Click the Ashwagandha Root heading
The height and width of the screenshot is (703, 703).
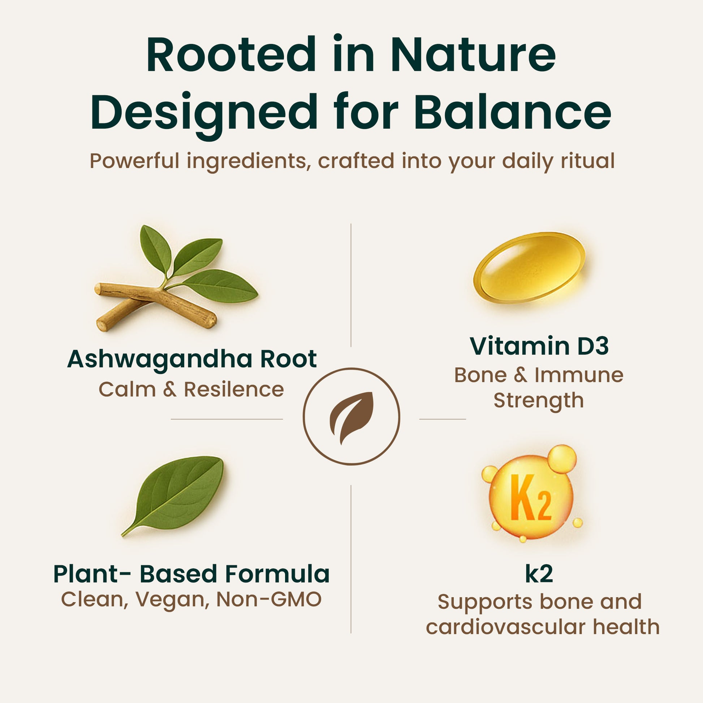(x=192, y=359)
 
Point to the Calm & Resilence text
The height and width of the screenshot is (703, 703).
(x=191, y=389)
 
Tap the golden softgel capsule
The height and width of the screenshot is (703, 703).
(x=529, y=267)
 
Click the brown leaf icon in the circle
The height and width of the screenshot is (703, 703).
(x=351, y=418)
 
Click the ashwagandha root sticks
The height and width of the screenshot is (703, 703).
(x=156, y=306)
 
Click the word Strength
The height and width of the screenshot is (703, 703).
(x=539, y=401)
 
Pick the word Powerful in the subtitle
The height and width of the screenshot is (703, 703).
(x=134, y=160)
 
